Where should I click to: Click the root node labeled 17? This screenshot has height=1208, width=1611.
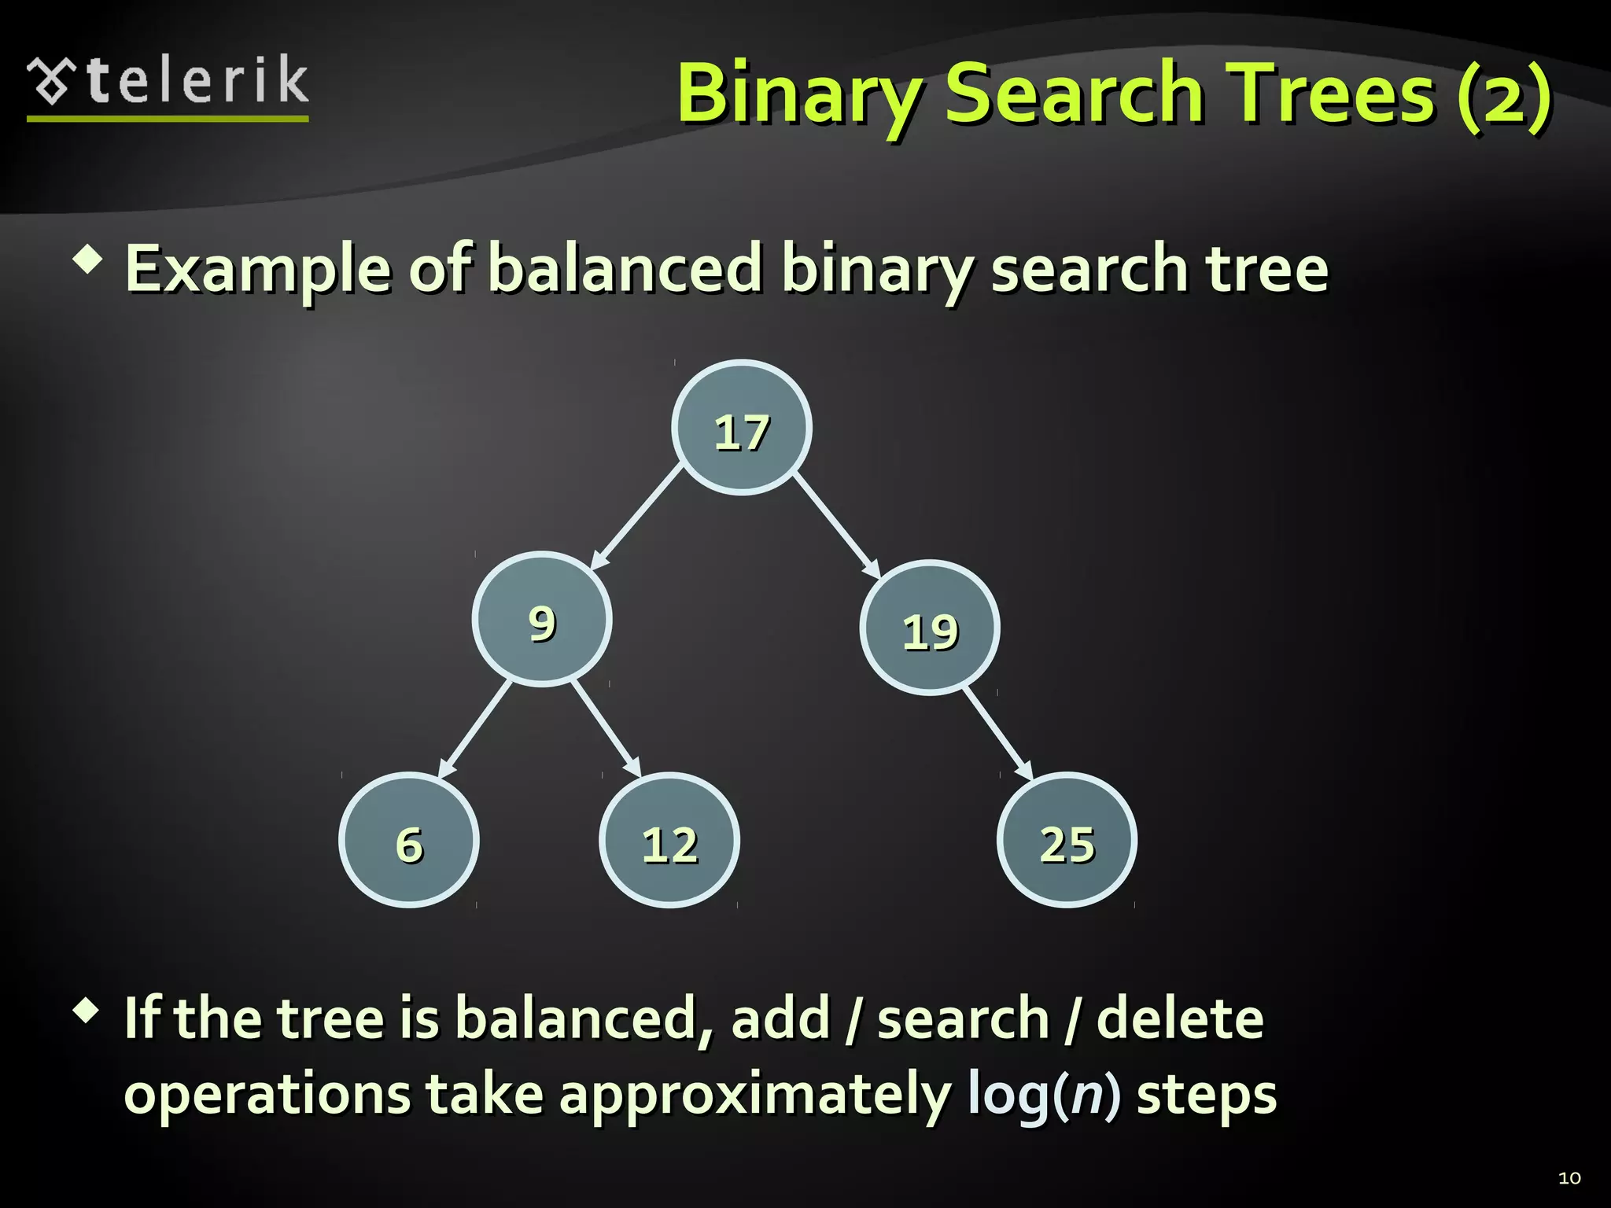(x=742, y=428)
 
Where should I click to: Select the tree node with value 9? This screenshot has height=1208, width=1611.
(x=542, y=620)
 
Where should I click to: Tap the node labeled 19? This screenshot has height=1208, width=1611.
(x=930, y=628)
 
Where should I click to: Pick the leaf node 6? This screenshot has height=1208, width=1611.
(x=409, y=841)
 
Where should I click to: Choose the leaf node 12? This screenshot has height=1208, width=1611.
(x=669, y=841)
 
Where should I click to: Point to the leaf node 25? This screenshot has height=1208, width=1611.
(x=1067, y=841)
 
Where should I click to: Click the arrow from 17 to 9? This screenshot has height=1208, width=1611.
(x=636, y=517)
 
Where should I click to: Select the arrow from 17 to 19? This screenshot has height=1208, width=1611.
(x=836, y=525)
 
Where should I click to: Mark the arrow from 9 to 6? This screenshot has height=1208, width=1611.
(x=475, y=729)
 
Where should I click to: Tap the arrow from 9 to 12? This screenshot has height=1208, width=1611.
(x=606, y=729)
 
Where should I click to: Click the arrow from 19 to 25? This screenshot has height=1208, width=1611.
(x=997, y=735)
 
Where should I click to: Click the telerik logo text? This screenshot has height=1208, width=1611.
(x=197, y=81)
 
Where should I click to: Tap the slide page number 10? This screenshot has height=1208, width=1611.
(x=1569, y=1178)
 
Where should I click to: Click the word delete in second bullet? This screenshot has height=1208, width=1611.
(x=1179, y=1018)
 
